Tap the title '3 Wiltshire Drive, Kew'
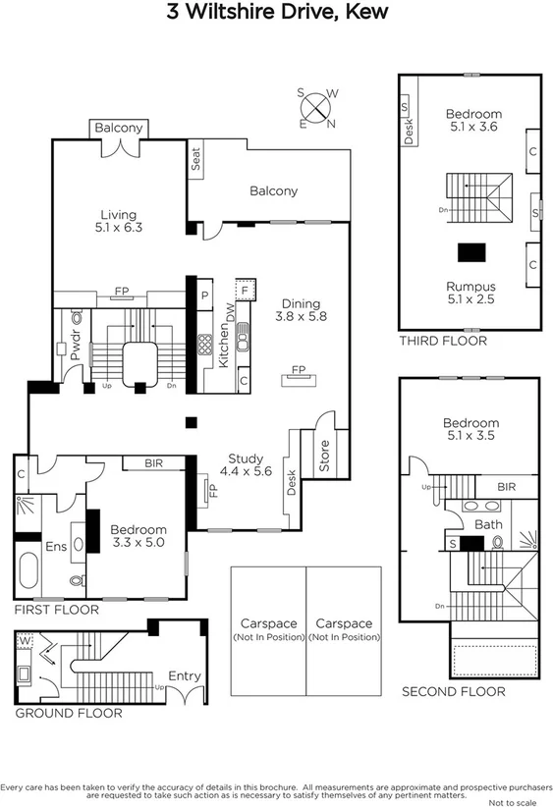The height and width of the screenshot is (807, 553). (276, 13)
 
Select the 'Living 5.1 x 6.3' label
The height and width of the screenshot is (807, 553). (118, 222)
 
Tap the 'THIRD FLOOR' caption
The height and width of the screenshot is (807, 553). (442, 341)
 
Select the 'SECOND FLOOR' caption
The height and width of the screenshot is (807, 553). (453, 691)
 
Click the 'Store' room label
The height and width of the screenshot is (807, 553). (325, 456)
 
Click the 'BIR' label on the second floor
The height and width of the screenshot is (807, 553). (506, 487)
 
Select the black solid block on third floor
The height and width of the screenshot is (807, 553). (471, 250)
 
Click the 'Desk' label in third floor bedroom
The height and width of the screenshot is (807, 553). (410, 131)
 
